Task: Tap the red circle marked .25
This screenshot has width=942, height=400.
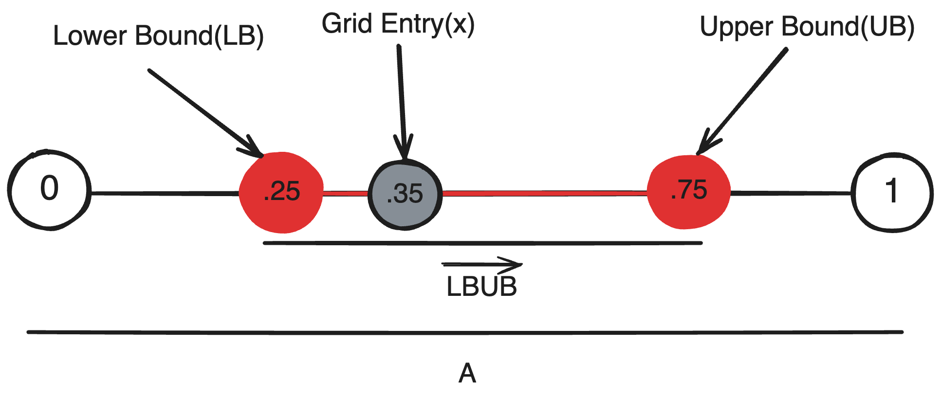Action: coord(281,192)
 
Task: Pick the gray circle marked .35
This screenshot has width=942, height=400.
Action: coord(405,194)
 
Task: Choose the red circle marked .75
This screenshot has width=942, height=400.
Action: coord(689,192)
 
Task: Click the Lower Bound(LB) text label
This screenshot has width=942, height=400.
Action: coord(159,36)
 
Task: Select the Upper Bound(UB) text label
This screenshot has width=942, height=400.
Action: coord(807,26)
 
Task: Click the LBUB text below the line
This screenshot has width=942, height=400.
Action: coord(481,287)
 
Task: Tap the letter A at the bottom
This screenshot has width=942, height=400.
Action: coord(467,373)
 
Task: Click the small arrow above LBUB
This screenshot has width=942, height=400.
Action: coord(481,265)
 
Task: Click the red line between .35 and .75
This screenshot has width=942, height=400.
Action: coord(545,194)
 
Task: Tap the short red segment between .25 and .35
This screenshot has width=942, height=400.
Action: coord(346,193)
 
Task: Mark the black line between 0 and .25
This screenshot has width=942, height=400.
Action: coord(165,194)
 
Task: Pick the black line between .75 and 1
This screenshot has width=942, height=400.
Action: coord(791,193)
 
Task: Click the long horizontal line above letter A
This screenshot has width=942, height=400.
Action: coord(465,332)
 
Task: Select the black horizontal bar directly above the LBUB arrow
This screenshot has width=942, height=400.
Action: coord(482,243)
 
